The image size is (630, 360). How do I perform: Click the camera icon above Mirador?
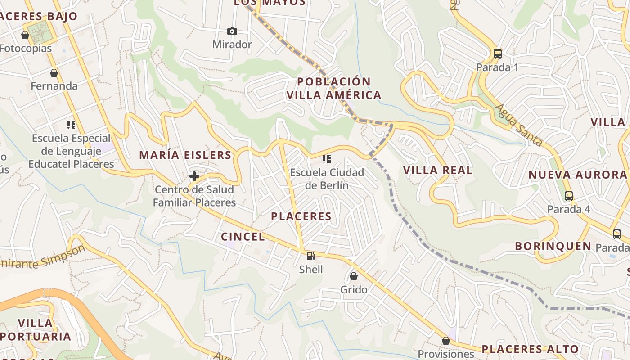click(x=232, y=31)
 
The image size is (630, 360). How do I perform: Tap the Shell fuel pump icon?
click(x=310, y=256)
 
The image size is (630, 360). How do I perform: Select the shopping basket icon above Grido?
click(x=354, y=276)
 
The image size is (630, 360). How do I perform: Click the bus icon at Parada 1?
click(x=497, y=54)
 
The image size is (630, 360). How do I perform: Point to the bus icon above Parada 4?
click(x=569, y=196)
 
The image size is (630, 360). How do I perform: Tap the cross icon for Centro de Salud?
click(x=194, y=176)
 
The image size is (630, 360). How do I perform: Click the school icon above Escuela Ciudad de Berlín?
click(x=327, y=159)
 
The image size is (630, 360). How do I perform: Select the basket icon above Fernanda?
click(x=54, y=72)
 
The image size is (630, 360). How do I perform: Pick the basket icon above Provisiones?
click(x=445, y=341)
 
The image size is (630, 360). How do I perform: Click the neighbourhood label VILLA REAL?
click(x=438, y=170)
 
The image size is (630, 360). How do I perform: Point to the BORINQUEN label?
click(x=553, y=246)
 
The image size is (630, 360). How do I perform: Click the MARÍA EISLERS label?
click(x=185, y=155)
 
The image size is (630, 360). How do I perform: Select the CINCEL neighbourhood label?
click(x=243, y=237)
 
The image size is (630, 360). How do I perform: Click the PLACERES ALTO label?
click(x=530, y=349)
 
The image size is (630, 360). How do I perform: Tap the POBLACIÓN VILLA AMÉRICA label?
click(x=334, y=88)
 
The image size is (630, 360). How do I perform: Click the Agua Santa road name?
click(x=519, y=125)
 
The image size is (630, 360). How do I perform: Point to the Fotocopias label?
click(x=26, y=48)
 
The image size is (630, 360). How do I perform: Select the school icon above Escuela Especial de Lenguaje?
click(x=71, y=125)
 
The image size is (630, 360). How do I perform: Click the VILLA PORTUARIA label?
click(x=36, y=329)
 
